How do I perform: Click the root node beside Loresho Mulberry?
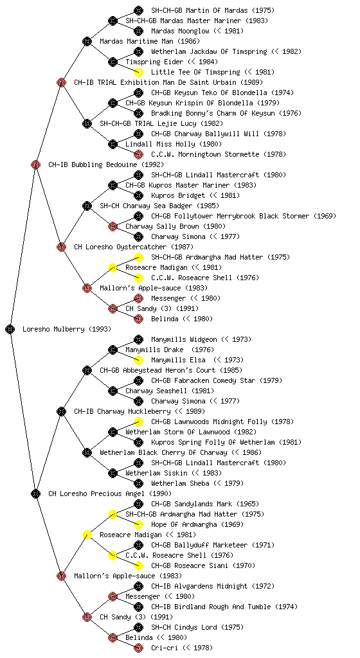tap(10, 329)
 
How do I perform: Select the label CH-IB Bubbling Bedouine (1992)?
tap(106, 164)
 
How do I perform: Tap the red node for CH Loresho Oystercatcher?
tap(61, 247)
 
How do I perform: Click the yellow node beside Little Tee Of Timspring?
tap(138, 72)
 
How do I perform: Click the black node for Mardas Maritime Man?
tap(87, 41)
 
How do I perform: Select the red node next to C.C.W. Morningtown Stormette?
tap(138, 154)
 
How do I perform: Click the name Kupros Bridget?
tap(178, 195)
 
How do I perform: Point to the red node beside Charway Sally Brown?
tap(113, 226)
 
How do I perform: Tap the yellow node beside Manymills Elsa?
tap(138, 360)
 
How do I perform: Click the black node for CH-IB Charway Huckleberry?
tap(61, 411)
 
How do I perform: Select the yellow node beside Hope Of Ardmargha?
tap(138, 524)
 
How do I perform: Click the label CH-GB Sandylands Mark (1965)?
tap(205, 504)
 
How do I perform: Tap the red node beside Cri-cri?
tap(138, 648)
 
